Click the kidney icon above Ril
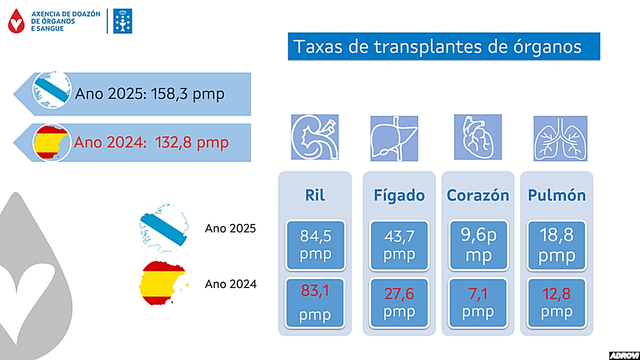click(x=315, y=137)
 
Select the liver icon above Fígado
click(x=394, y=137)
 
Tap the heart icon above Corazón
click(x=477, y=137)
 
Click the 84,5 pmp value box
click(x=315, y=244)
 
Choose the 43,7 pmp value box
click(x=399, y=244)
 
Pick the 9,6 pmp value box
click(x=478, y=244)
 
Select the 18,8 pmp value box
click(x=557, y=244)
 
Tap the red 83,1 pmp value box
click(x=315, y=303)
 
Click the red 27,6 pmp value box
click(x=399, y=303)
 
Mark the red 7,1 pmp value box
click(x=478, y=303)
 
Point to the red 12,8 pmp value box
click(x=557, y=303)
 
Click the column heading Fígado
click(x=399, y=195)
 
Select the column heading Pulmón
click(x=557, y=195)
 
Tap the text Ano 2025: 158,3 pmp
click(x=150, y=94)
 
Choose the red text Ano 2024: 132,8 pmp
click(x=151, y=142)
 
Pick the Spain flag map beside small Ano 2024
click(x=162, y=283)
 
